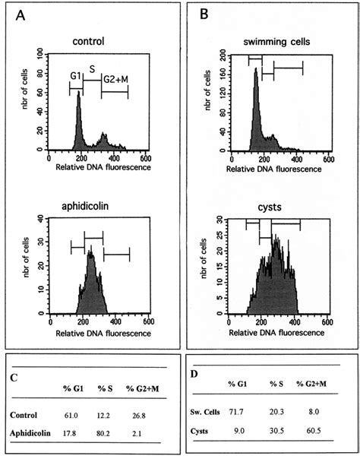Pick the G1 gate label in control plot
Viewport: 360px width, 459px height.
[75, 75]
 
